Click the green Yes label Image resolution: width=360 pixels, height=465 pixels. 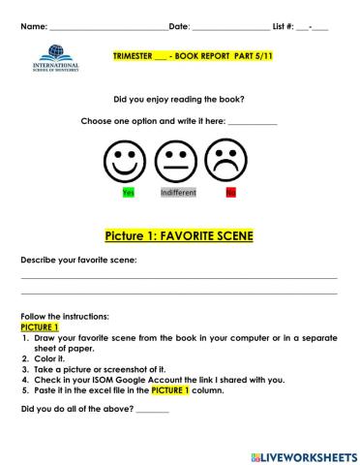(x=128, y=193)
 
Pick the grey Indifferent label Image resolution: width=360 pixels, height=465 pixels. (x=178, y=193)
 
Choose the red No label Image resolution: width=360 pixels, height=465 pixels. (x=230, y=193)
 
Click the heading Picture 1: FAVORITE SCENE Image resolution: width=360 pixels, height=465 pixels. (x=179, y=235)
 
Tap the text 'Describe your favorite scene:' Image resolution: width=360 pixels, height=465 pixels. (x=78, y=260)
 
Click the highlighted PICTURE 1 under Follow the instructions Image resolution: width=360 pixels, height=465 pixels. (x=40, y=328)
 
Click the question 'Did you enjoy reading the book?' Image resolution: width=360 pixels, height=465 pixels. (x=179, y=99)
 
